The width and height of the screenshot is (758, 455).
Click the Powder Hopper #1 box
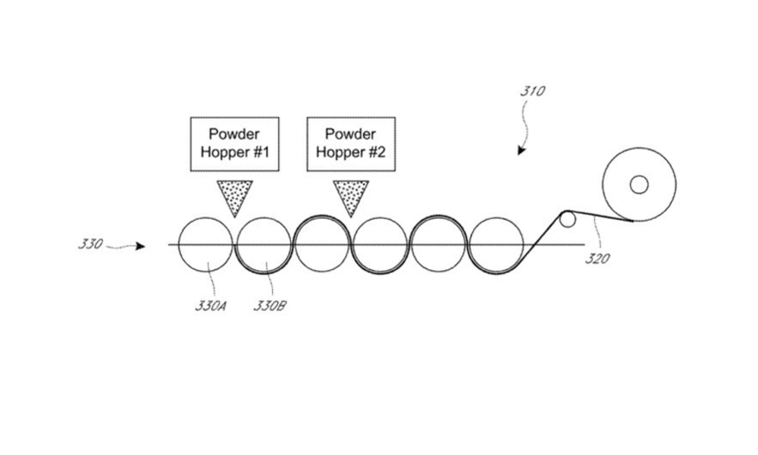coord(234,143)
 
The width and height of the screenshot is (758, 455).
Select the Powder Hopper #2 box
coord(351,143)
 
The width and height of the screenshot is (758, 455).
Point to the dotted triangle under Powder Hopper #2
coord(351,194)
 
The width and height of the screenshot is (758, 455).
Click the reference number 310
coord(532,92)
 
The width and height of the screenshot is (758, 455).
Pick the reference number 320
coord(597,259)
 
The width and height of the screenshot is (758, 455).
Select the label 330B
coord(269,306)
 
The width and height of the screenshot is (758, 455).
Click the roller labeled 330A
coord(205,244)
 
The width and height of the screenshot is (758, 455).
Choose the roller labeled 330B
coord(264,244)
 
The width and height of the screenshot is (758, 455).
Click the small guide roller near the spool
coord(567,220)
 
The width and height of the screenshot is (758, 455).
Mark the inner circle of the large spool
coord(639,184)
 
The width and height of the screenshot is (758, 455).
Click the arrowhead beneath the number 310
coord(522,151)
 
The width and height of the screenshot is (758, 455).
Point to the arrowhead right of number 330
coord(141,246)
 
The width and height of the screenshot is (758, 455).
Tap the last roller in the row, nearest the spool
coord(496,244)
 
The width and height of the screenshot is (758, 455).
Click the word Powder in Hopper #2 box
coord(351,134)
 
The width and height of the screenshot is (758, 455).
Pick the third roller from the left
coord(322,244)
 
